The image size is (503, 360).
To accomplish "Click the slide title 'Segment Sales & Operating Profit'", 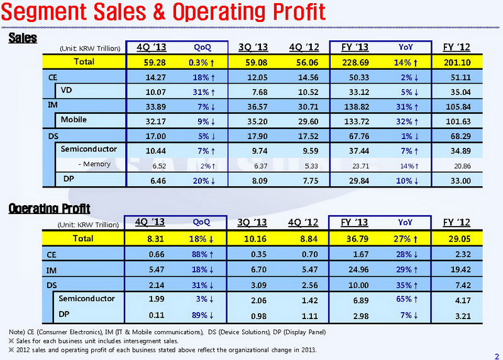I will click(163, 13).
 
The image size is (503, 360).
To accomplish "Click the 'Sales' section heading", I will click(23, 38).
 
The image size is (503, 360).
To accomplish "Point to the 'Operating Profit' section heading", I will click(50, 208).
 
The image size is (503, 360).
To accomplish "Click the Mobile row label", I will click(74, 119).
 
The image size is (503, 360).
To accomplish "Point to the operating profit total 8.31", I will click(153, 239).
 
